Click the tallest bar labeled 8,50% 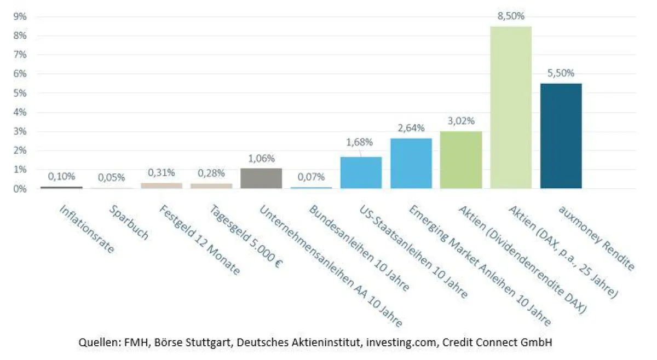tap(511, 107)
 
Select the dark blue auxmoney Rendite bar tap(561, 136)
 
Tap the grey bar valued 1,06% tap(261, 178)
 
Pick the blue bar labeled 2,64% tap(411, 163)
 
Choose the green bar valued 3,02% tap(461, 160)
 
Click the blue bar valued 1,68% tap(361, 173)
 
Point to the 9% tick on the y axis tap(20, 17)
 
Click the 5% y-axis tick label tap(20, 93)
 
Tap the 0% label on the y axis tap(20, 189)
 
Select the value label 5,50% tap(561, 73)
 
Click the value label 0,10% tap(61, 177)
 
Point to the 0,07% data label tap(311, 177)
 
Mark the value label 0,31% tap(162, 173)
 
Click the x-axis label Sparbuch tap(129, 223)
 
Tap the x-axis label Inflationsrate tap(87, 229)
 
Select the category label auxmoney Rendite tap(596, 238)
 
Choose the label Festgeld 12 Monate tap(200, 240)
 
